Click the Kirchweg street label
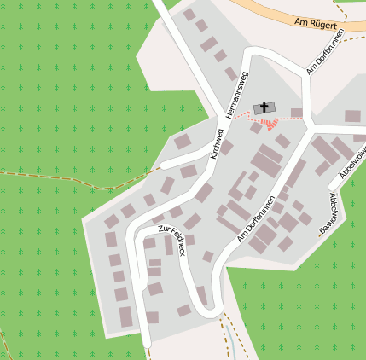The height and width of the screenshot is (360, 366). click(217, 144)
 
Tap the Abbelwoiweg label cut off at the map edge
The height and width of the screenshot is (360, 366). click(352, 161)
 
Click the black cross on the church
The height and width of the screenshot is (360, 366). click(264, 107)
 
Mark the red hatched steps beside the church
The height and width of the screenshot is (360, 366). click(269, 125)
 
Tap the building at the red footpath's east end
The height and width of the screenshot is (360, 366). click(297, 113)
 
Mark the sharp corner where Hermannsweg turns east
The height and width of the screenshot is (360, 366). click(248, 54)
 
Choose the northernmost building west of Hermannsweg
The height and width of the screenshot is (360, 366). click(189, 15)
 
